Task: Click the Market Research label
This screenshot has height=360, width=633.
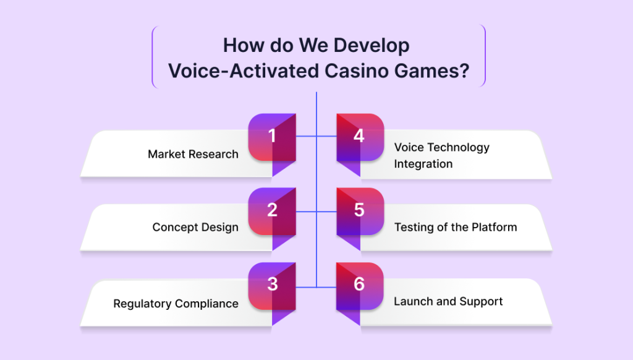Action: tap(193, 154)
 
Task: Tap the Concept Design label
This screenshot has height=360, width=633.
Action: tap(195, 228)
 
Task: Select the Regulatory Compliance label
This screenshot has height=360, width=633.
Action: tap(176, 304)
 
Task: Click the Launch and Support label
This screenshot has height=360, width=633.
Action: tap(448, 301)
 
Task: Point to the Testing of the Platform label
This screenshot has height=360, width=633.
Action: tap(456, 227)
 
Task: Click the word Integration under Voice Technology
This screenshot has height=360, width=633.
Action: tap(423, 164)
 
